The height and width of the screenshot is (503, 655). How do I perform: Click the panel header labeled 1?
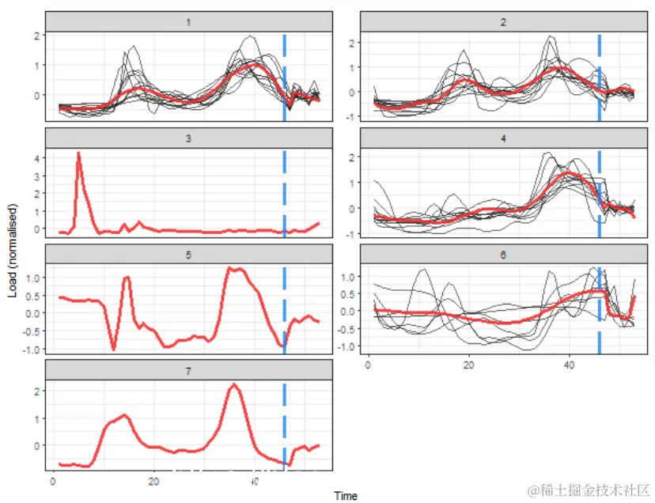(x=187, y=22)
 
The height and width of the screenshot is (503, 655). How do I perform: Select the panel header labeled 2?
(x=503, y=22)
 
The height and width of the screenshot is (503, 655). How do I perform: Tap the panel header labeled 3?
(x=187, y=138)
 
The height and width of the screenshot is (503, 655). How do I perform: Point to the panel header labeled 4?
(x=503, y=138)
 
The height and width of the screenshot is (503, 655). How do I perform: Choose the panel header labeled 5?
(x=187, y=255)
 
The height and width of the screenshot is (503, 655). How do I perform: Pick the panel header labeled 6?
(x=503, y=255)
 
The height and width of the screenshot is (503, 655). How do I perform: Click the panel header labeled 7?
(x=187, y=370)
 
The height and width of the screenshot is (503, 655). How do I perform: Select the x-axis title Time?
(x=345, y=496)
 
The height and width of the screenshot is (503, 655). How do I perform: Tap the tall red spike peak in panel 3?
(x=78, y=153)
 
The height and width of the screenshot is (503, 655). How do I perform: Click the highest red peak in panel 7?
(x=233, y=385)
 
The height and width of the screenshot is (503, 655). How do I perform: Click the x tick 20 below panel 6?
(x=468, y=366)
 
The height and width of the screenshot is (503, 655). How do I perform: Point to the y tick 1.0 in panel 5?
(x=32, y=278)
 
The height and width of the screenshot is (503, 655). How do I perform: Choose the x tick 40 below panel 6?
(x=569, y=366)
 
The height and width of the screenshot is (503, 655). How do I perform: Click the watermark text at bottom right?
(x=589, y=490)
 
